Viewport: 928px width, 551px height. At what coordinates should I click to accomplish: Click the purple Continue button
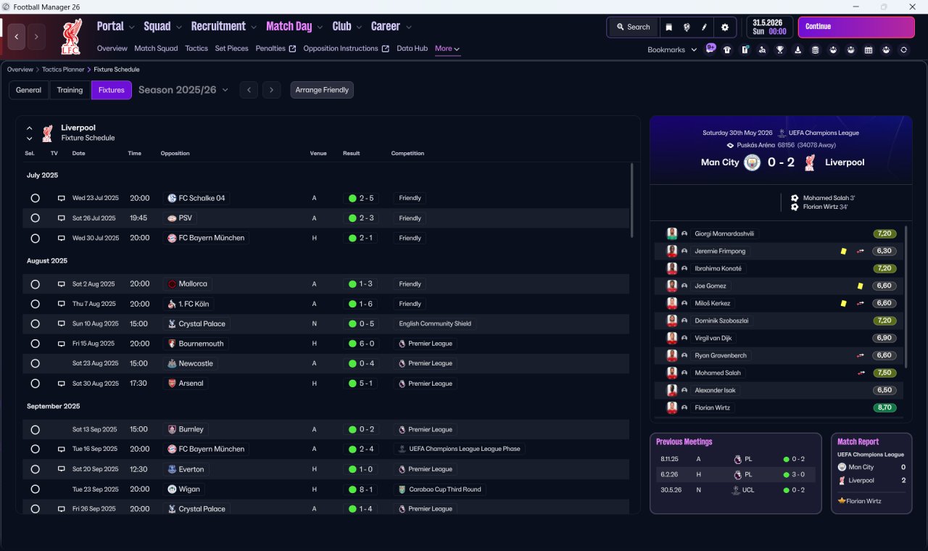coord(856,27)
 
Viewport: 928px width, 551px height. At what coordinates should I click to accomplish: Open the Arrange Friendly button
coord(322,90)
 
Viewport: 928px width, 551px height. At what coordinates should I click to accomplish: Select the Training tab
coord(70,90)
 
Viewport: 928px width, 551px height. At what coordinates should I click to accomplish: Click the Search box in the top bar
coord(633,28)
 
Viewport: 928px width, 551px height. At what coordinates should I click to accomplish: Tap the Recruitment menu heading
coord(218,27)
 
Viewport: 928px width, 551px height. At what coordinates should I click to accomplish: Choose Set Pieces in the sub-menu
coord(231,49)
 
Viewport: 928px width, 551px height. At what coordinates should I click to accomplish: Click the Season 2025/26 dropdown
coord(183,90)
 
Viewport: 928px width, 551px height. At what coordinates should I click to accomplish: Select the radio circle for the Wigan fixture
coord(36,489)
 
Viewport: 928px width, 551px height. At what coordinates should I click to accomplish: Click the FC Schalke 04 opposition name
coord(202,198)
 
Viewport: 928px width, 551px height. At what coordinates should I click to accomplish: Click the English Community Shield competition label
coord(435,323)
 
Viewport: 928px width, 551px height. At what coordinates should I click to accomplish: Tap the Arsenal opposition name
coord(191,384)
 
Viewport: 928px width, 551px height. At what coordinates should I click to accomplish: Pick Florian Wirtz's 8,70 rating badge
coord(884,407)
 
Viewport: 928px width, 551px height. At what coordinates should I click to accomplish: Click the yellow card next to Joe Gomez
coord(860,286)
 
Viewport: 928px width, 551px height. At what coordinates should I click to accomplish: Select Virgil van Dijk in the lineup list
coord(713,338)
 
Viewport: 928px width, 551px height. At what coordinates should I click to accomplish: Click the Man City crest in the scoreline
coord(752,162)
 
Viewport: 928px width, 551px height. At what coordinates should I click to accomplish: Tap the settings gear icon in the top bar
coord(724,28)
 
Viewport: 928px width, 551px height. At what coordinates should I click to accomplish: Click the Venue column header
coord(318,153)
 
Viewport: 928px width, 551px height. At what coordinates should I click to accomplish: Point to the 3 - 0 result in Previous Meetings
coord(798,474)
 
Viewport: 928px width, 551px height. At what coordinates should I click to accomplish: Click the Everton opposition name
coord(191,469)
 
